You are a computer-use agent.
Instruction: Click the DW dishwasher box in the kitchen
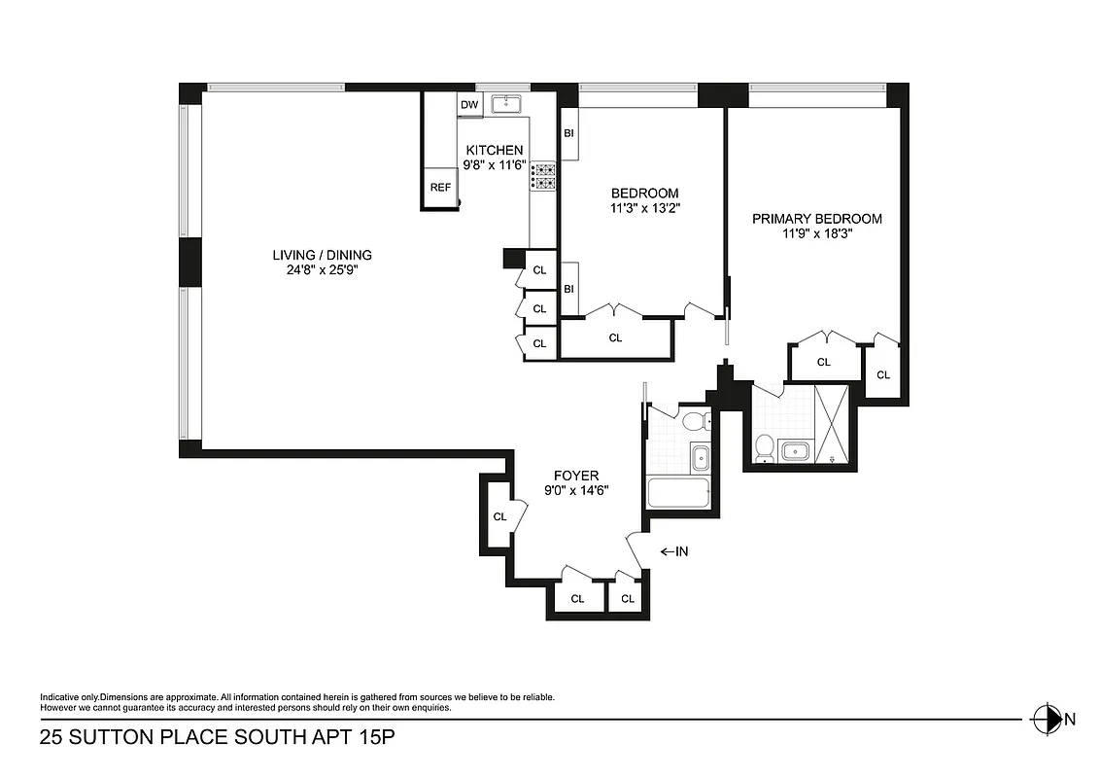coord(469,105)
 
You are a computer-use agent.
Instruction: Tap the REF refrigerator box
coord(440,188)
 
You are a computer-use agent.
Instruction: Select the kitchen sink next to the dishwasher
coord(506,104)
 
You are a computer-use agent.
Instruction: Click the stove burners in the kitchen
coord(543,176)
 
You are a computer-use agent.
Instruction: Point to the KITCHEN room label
coord(495,150)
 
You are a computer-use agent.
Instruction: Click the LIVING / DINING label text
coord(322,256)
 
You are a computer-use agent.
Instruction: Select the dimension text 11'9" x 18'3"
coord(817,234)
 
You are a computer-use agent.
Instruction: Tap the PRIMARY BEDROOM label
coord(817,219)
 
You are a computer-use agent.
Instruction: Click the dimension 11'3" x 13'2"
coord(644,208)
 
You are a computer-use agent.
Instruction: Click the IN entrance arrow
coord(674,551)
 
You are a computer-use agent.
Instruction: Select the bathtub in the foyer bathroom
coord(679,494)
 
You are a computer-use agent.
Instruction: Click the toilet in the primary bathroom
coord(764,447)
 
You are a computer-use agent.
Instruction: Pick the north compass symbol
coord(1047,720)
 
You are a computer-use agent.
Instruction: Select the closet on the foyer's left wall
coord(499,516)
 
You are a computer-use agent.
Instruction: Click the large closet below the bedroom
coord(615,338)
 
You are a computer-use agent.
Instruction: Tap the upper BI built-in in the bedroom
coord(568,133)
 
